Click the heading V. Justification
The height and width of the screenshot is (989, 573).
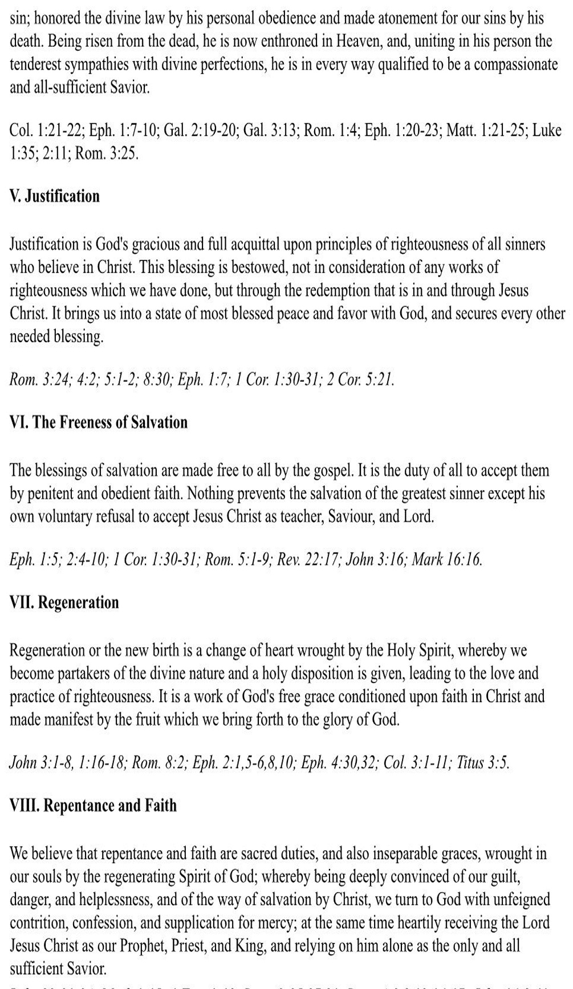click(x=55, y=196)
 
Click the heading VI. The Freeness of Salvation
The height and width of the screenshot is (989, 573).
click(x=99, y=422)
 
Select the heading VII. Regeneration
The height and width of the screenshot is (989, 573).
click(x=64, y=603)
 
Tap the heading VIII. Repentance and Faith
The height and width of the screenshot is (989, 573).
click(x=93, y=806)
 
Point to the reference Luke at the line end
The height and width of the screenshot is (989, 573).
click(x=547, y=131)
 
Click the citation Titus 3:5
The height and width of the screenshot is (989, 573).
click(x=482, y=763)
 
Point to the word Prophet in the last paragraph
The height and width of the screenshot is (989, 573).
click(x=144, y=946)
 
